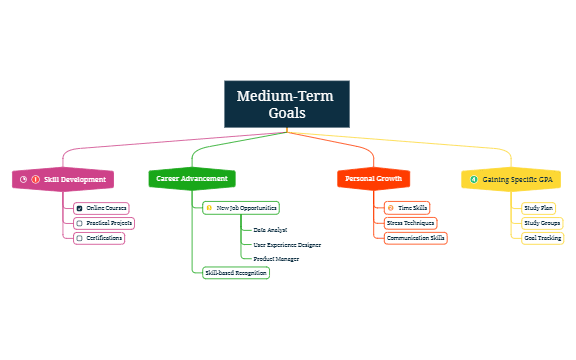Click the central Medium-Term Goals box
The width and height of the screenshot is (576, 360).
coord(287,105)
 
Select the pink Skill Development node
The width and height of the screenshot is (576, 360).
coord(63,179)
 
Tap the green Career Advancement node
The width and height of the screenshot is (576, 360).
coord(192,179)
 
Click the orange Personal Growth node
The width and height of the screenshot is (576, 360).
coord(373,179)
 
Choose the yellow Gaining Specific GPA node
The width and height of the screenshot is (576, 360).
coord(511,179)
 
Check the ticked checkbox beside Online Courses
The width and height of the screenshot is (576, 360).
coord(80,208)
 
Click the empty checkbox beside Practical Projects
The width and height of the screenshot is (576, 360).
coord(80,223)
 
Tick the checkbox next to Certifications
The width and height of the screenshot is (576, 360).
coord(80,238)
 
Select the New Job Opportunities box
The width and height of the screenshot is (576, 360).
coord(240,208)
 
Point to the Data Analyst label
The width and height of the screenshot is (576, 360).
coord(270,230)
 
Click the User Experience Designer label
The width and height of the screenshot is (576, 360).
coord(287,244)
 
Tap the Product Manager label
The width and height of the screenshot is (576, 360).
coord(275,258)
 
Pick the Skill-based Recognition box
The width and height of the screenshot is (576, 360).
coord(235,272)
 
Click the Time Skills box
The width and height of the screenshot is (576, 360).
coord(407,208)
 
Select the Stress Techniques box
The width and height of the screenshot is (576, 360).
coord(410,223)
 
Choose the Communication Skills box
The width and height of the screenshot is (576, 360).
coord(415,238)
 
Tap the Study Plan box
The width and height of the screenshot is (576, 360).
coord(539,208)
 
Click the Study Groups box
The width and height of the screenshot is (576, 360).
coord(542,223)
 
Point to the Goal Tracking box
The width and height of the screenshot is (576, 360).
coord(542,238)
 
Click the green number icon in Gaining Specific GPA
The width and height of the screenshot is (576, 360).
coord(473,179)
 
